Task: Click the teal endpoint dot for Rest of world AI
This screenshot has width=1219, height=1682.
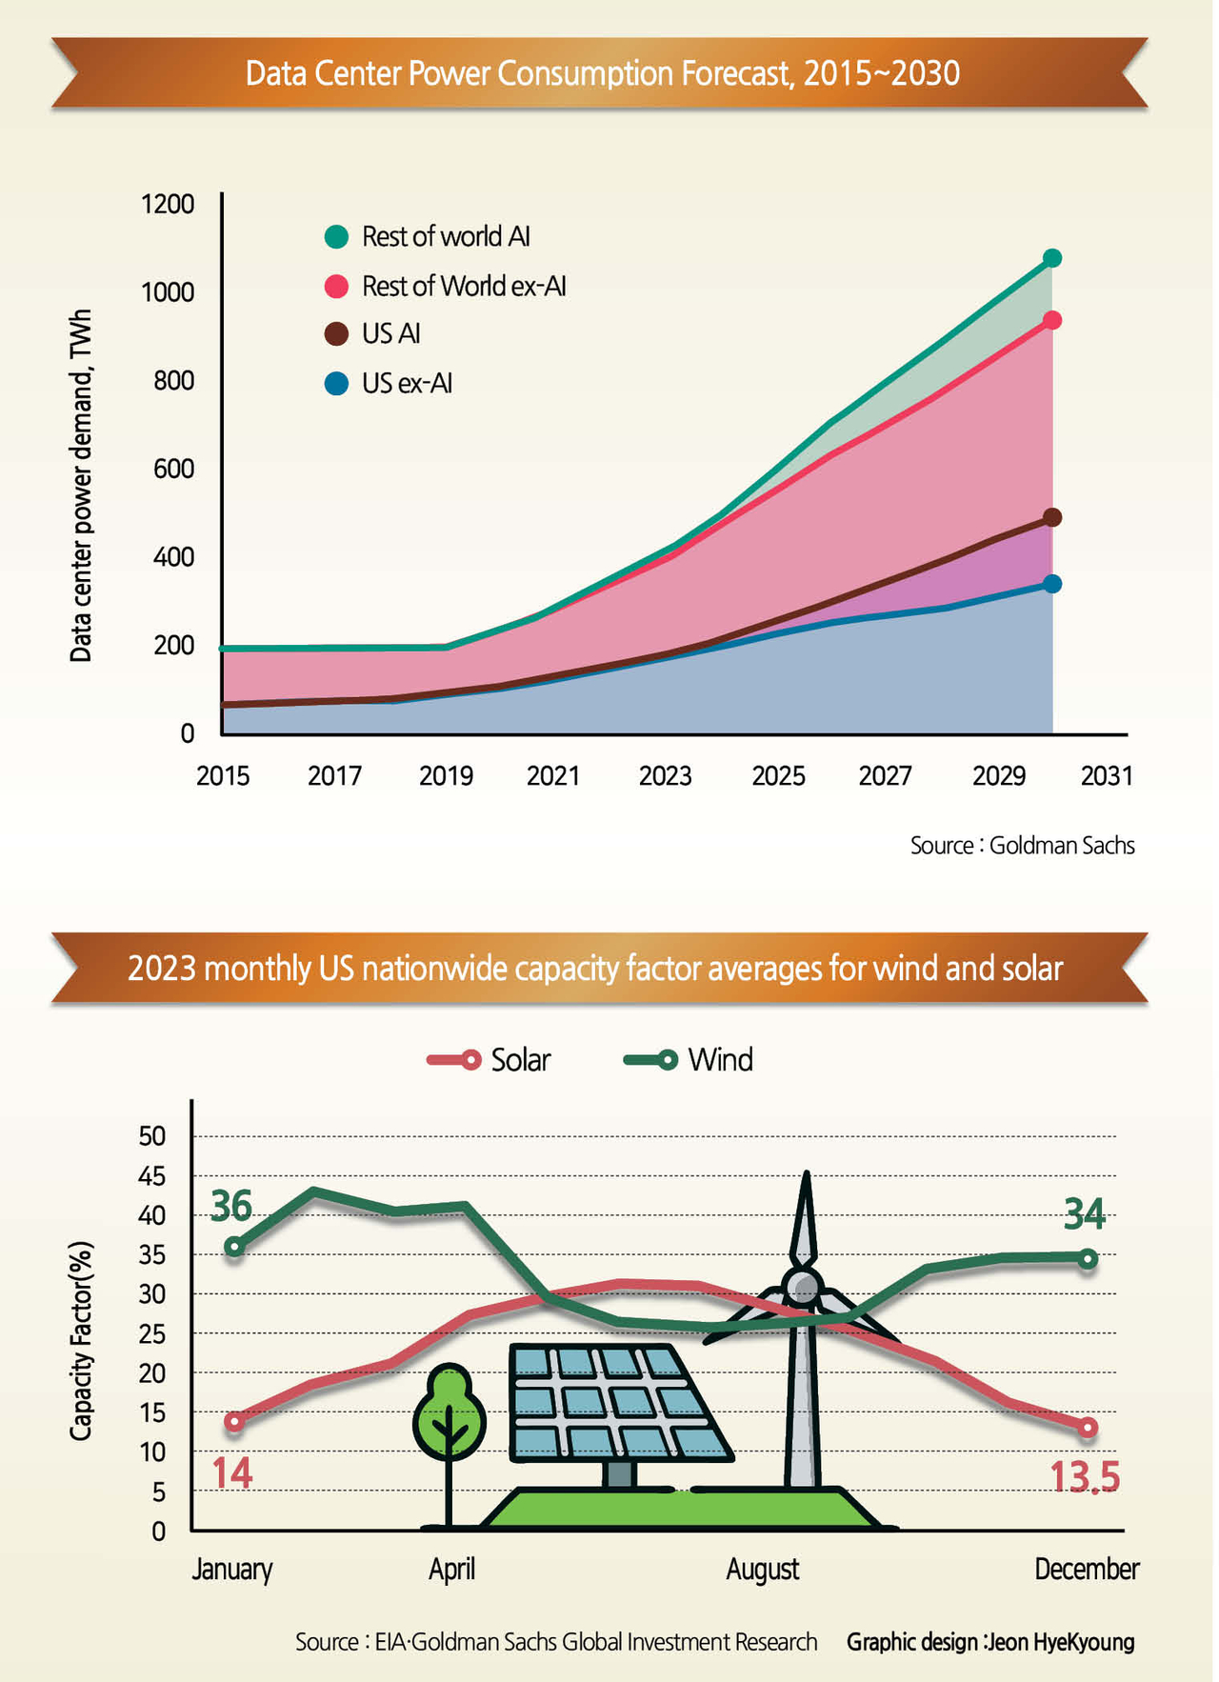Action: [x=1051, y=258]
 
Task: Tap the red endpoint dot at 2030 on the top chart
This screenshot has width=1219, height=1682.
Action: [x=1051, y=321]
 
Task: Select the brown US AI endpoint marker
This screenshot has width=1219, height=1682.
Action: [x=1051, y=517]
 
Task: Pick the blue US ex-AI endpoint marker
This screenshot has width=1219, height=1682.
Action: [x=1051, y=584]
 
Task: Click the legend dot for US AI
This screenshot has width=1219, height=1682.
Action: [x=336, y=334]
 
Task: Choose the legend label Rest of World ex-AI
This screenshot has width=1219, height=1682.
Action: [x=464, y=286]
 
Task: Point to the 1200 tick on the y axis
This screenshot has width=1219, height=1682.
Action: [x=168, y=204]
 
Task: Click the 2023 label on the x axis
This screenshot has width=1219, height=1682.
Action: [x=665, y=776]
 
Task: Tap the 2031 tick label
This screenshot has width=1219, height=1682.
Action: [x=1107, y=776]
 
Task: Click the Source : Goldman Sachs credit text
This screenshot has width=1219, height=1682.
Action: [x=1022, y=846]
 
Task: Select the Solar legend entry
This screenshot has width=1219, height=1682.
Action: [x=490, y=1060]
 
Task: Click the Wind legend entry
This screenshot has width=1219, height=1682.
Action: [x=689, y=1060]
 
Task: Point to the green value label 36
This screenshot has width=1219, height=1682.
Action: [x=231, y=1206]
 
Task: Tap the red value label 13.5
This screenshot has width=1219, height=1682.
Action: [x=1084, y=1477]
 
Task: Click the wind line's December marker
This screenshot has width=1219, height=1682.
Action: [x=1088, y=1259]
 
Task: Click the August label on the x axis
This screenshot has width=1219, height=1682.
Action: [x=762, y=1570]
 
